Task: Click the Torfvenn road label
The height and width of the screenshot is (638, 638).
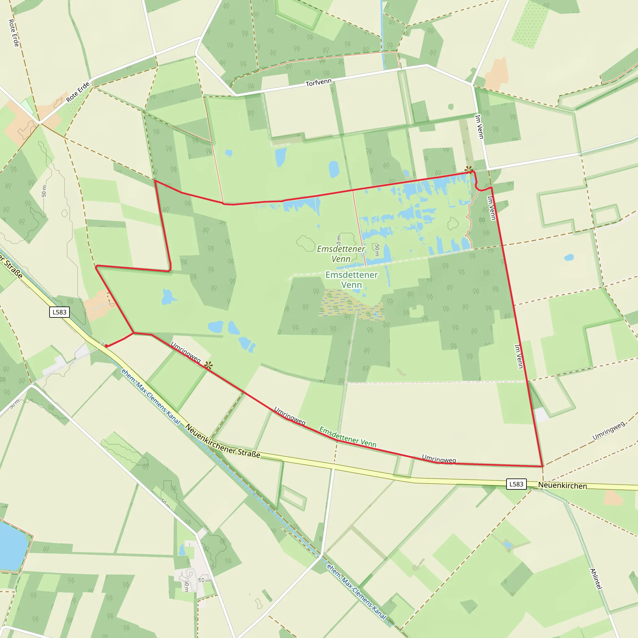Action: click(318, 83)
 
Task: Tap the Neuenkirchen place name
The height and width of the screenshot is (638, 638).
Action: click(562, 485)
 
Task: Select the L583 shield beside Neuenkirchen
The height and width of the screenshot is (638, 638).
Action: click(516, 484)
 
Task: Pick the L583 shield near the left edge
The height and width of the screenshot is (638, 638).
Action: click(60, 312)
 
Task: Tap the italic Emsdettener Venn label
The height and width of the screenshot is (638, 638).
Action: click(341, 254)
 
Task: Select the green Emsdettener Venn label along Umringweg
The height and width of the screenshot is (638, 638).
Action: click(348, 437)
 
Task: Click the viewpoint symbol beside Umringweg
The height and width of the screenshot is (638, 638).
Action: click(208, 365)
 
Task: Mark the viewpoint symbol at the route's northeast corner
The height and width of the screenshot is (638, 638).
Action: click(469, 170)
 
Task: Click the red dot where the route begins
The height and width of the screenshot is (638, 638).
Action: click(106, 346)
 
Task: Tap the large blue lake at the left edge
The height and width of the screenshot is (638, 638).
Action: click(12, 546)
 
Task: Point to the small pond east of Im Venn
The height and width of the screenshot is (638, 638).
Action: click(569, 257)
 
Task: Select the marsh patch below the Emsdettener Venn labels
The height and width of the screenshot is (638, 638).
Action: click(350, 304)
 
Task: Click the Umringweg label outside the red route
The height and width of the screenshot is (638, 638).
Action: click(608, 431)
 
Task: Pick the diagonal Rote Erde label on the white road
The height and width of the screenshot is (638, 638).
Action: click(78, 92)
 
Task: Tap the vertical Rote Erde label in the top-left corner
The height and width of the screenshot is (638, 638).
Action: click(13, 33)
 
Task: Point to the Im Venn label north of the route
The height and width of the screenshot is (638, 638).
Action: click(479, 127)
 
